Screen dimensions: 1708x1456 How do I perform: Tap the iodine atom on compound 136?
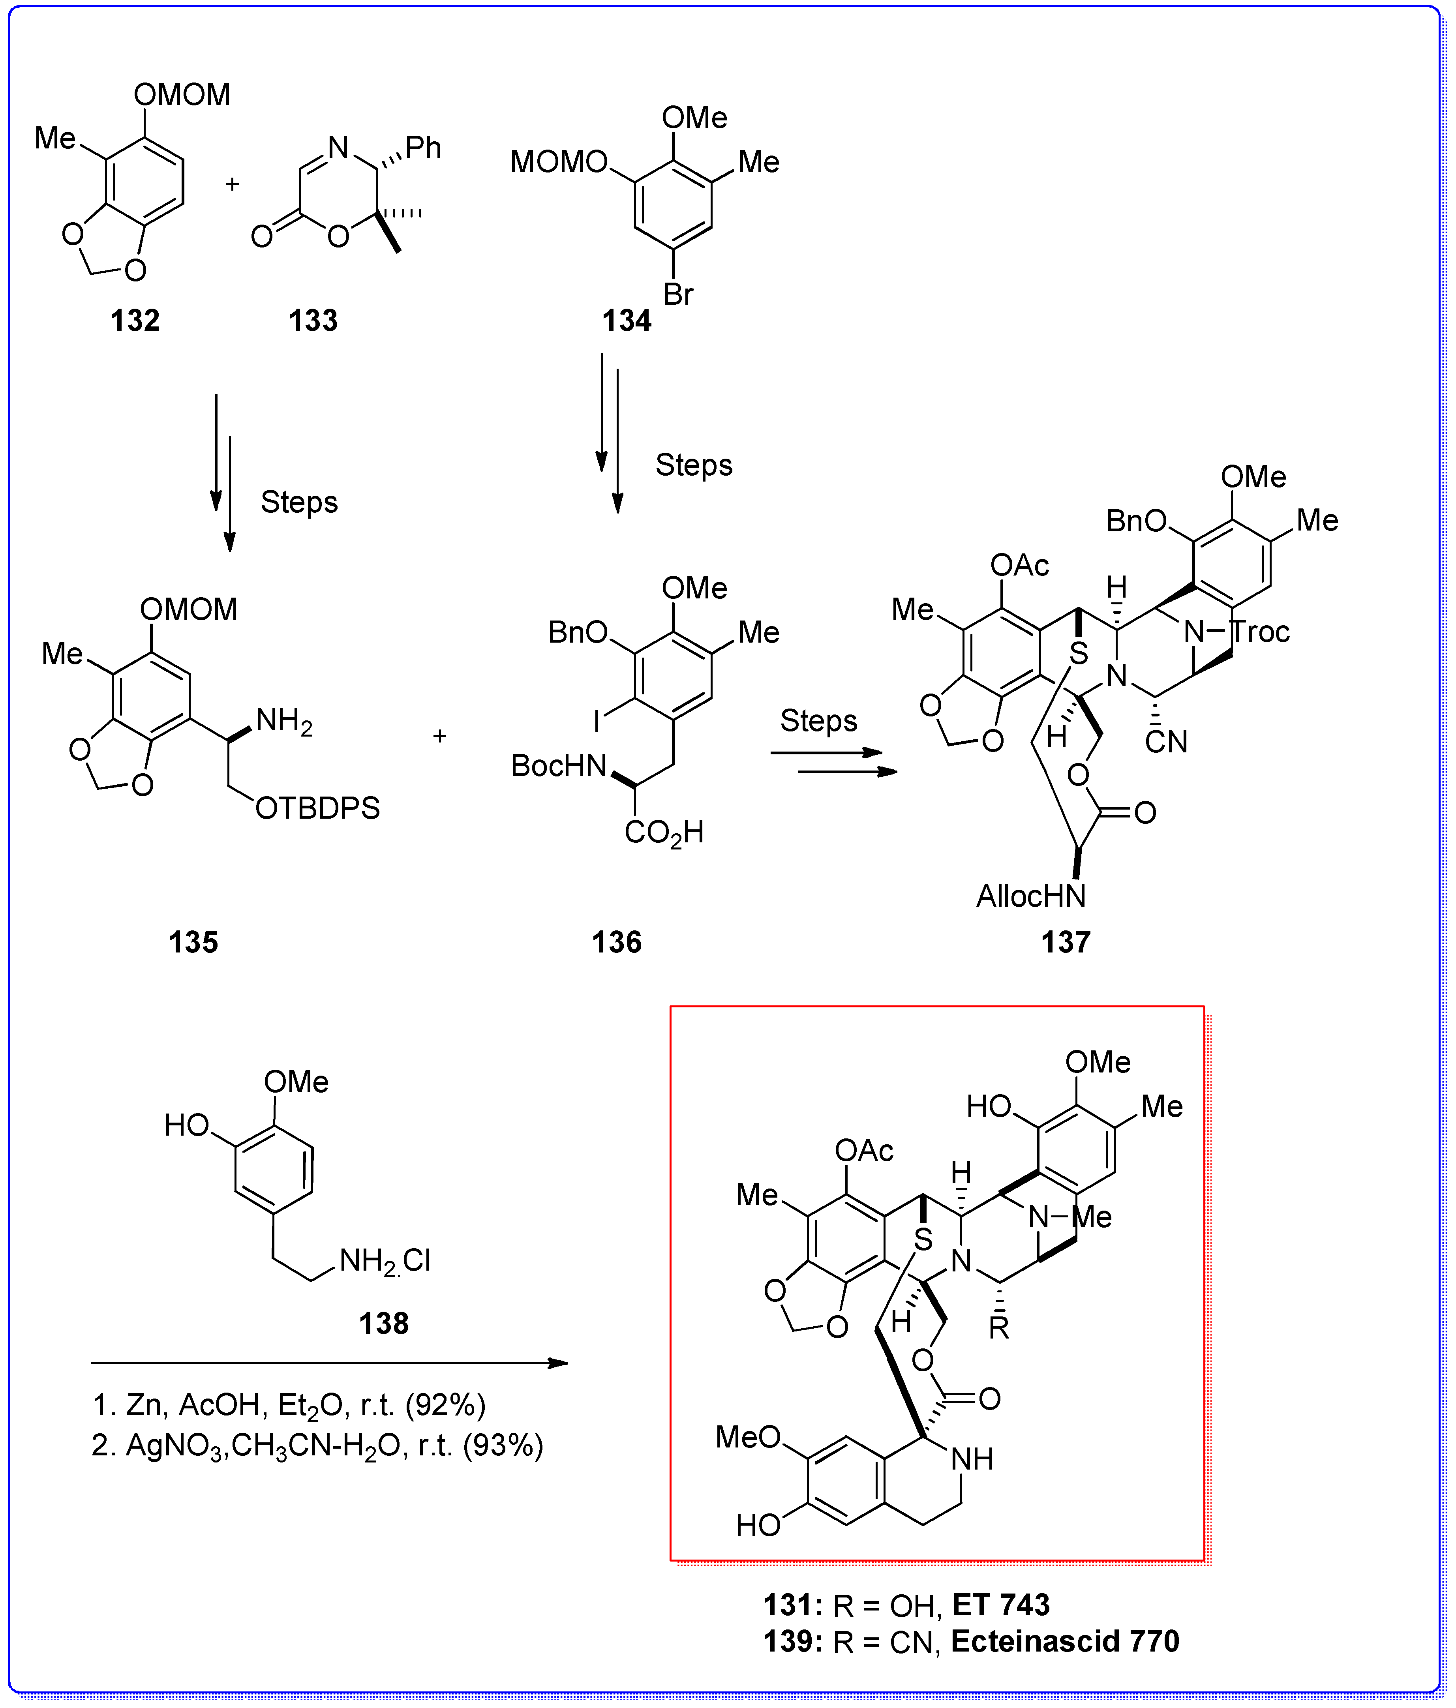[597, 722]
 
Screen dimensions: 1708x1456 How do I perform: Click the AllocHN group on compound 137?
[1030, 896]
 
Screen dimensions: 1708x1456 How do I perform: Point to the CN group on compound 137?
[1166, 743]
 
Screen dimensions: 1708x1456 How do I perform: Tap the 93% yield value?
[503, 1446]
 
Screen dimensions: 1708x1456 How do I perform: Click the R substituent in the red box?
[998, 1328]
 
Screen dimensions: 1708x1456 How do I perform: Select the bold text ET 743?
[1001, 1605]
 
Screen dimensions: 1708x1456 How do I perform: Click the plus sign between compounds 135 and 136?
[439, 736]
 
